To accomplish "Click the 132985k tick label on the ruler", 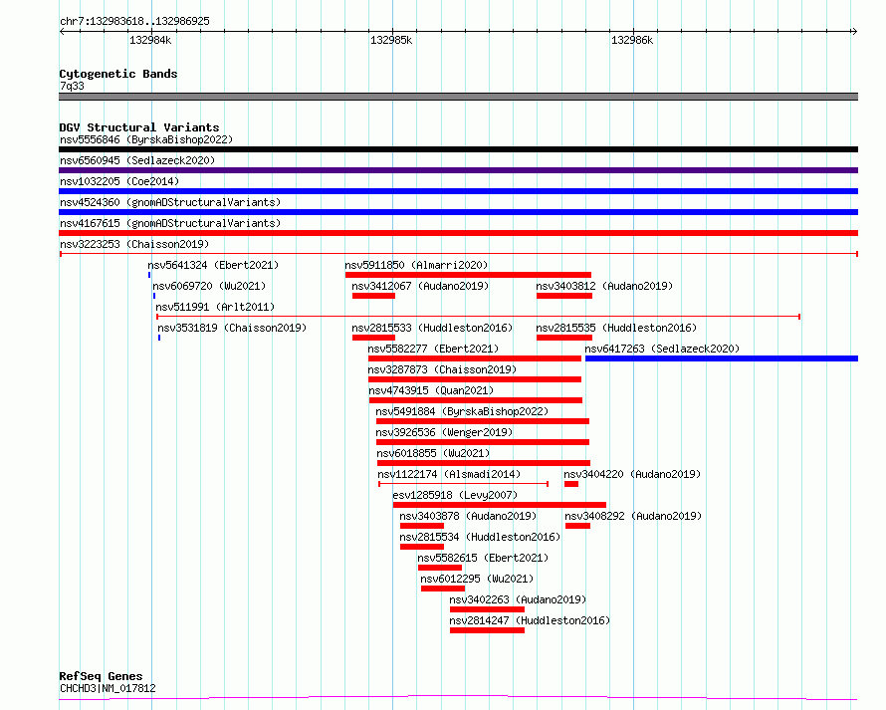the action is [391, 40].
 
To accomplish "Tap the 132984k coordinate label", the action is [150, 40].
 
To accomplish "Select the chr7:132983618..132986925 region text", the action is [134, 21].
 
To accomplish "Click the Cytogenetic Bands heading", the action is [118, 74].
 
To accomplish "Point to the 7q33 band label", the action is [72, 86].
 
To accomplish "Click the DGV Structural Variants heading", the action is [139, 127].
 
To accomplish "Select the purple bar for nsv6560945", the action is [458, 170].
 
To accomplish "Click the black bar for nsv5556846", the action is [458, 149].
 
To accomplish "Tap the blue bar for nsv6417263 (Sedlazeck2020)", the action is [722, 358].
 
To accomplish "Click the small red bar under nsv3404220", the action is [571, 484].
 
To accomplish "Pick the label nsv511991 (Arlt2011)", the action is [215, 307].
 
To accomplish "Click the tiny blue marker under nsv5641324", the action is [149, 275].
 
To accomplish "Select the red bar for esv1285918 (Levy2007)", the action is [500, 505].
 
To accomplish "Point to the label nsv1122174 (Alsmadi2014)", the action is [449, 474].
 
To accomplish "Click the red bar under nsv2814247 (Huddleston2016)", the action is [487, 630].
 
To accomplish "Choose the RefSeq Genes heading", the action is [101, 676].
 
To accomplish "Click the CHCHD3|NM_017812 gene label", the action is [108, 688].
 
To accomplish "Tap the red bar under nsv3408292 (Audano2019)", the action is [577, 526].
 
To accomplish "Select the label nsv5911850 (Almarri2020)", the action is [416, 265].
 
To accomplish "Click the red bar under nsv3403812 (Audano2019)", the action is [564, 296].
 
